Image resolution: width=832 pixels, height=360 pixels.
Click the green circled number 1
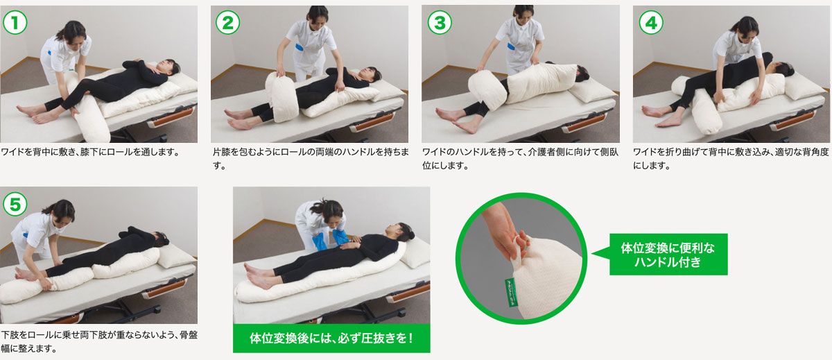pyautogui.click(x=15, y=22)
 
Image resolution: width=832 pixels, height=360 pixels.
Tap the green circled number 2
pyautogui.click(x=227, y=22)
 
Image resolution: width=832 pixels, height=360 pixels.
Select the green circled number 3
pyautogui.click(x=438, y=22)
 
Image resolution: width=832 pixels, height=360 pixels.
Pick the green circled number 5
pyautogui.click(x=15, y=203)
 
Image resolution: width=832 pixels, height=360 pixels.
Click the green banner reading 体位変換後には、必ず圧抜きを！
pyautogui.click(x=331, y=338)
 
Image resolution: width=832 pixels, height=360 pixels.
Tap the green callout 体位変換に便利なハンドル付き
pyautogui.click(x=668, y=254)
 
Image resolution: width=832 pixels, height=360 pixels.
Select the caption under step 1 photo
pyautogui.click(x=90, y=152)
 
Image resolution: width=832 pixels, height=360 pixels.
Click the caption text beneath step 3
pyautogui.click(x=520, y=158)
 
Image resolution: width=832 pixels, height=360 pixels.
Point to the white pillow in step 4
pyautogui.click(x=804, y=84)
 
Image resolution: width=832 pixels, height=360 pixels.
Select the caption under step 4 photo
pyautogui.click(x=731, y=158)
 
